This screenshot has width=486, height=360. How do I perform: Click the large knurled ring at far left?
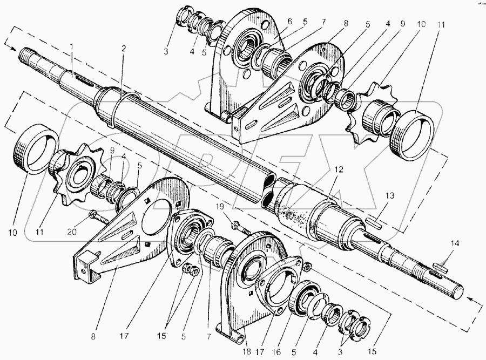coord(35,148)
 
